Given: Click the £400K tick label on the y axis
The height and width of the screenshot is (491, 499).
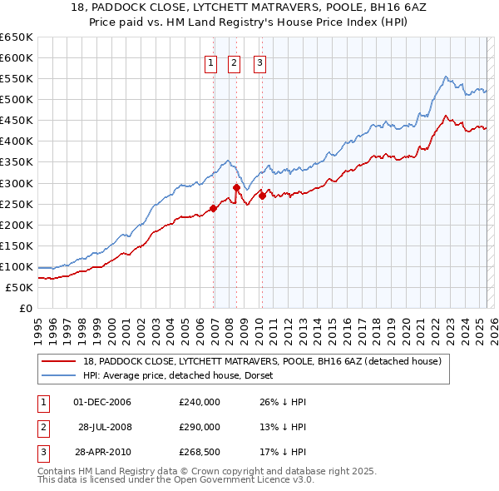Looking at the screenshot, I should click(x=17, y=141).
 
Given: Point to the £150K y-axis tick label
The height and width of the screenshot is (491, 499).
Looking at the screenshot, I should click(x=17, y=245).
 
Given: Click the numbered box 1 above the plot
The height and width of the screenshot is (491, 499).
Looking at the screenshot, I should click(x=210, y=62).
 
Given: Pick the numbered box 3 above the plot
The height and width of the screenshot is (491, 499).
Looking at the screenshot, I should click(x=259, y=62).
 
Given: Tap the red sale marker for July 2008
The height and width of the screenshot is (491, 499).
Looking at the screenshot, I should click(x=237, y=187).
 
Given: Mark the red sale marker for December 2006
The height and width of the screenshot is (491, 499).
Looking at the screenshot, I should click(x=214, y=208).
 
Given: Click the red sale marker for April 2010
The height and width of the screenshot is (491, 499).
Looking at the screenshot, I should click(x=262, y=196).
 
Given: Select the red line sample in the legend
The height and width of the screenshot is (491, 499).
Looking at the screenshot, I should click(x=58, y=361).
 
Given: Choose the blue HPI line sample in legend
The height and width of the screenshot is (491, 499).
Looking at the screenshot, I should click(x=58, y=375).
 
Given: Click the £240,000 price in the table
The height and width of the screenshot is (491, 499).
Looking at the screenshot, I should click(x=200, y=402).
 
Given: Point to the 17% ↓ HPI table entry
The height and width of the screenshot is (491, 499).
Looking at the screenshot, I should click(x=284, y=454).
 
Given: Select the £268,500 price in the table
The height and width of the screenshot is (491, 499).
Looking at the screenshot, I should click(x=200, y=454).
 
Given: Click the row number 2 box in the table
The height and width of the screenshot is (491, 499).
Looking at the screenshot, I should click(x=42, y=428).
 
